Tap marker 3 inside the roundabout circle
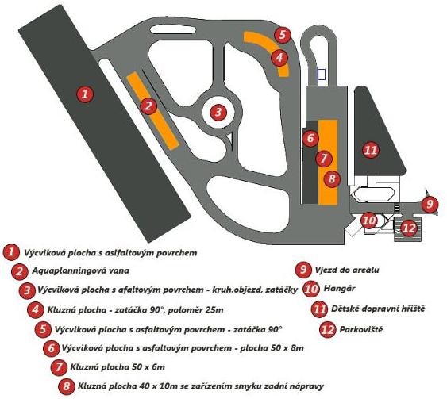click(x=218, y=113)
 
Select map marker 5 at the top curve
click(x=283, y=35)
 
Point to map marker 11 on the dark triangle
click(x=369, y=149)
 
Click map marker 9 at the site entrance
click(x=429, y=204)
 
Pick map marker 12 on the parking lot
click(x=408, y=227)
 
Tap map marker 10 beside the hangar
click(x=368, y=221)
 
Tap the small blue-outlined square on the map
click(x=321, y=74)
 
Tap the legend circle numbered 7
click(x=57, y=367)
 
